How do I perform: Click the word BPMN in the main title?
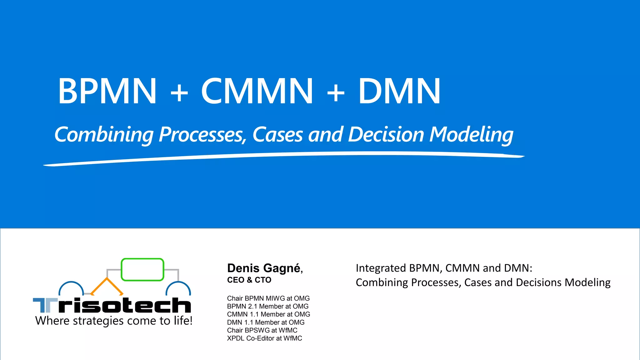107,91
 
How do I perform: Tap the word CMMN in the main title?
257,91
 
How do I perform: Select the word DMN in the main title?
399,91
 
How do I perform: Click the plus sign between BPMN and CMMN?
179,92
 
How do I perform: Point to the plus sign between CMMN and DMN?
336,92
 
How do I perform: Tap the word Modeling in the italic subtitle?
471,135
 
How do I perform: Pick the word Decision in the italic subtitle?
386,135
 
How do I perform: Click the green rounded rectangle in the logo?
142,269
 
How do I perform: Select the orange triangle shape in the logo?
107,286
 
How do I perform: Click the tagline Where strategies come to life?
114,321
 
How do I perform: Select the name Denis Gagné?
264,268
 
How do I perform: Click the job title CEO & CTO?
249,280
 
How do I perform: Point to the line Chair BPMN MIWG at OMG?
268,298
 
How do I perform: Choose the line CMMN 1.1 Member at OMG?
268,314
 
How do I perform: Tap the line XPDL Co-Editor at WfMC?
264,338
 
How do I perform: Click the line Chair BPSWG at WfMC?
262,330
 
